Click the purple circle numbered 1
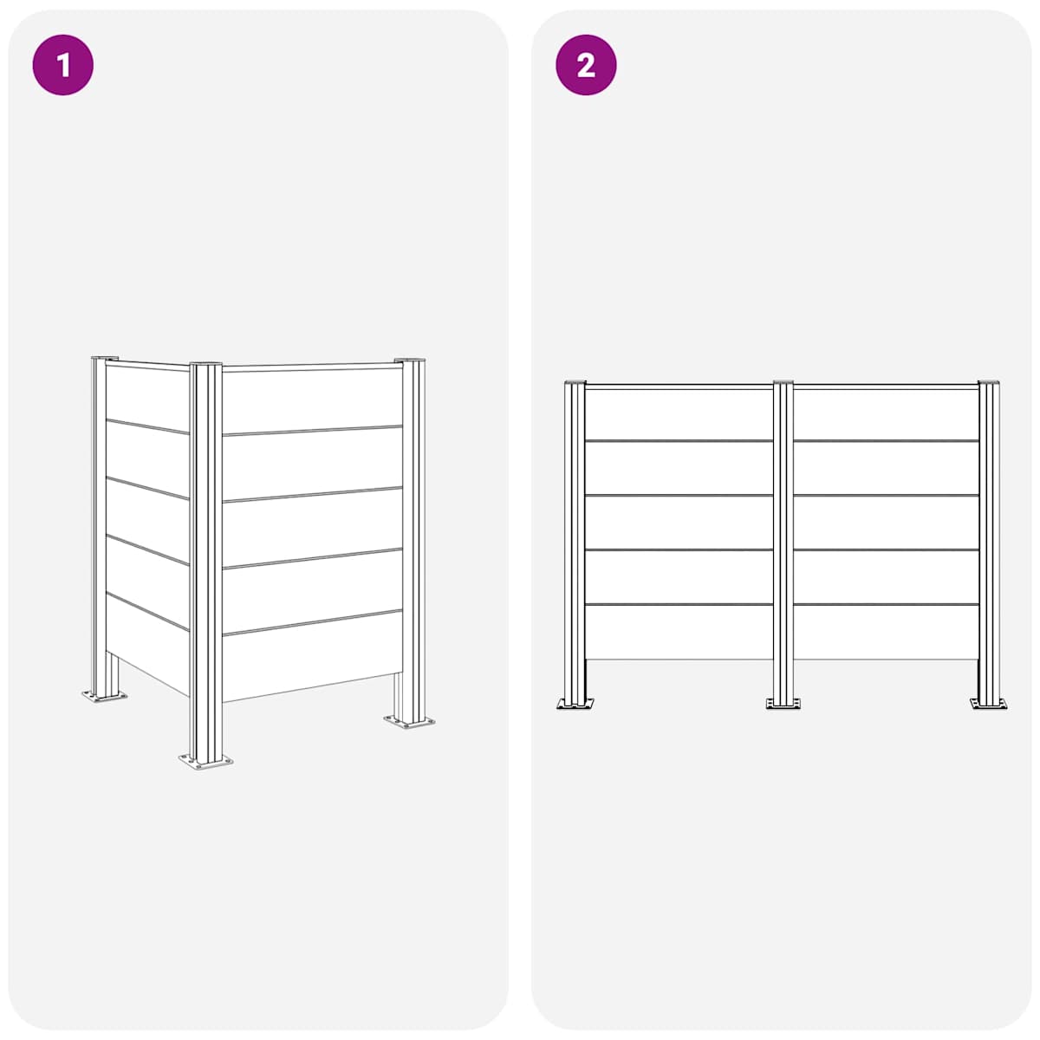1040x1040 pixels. click(x=62, y=65)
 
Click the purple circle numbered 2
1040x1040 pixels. click(x=586, y=65)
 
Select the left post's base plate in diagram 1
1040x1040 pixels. click(x=104, y=696)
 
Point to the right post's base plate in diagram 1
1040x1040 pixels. click(x=409, y=721)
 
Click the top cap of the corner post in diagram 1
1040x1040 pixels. click(x=205, y=364)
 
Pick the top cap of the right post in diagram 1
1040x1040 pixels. click(x=410, y=360)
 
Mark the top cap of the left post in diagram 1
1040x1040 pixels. click(x=105, y=358)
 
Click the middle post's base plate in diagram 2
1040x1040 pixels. click(x=783, y=703)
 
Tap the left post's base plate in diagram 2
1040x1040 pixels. click(x=575, y=703)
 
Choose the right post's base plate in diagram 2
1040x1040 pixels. click(x=988, y=703)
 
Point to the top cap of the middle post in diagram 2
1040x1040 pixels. click(x=783, y=383)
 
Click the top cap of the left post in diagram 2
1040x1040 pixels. click(x=575, y=383)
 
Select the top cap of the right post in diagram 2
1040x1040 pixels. click(x=989, y=383)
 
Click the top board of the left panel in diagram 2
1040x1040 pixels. click(x=679, y=414)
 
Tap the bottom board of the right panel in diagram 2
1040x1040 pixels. click(x=886, y=632)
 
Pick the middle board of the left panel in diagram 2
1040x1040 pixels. click(x=679, y=523)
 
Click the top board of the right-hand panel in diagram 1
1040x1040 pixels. click(x=313, y=401)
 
